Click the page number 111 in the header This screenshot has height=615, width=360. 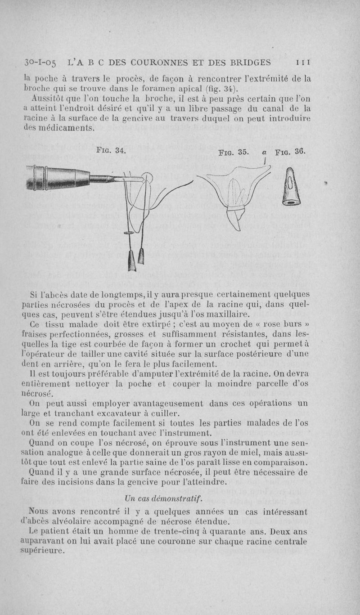coord(301,63)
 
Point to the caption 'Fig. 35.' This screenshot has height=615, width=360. coord(233,152)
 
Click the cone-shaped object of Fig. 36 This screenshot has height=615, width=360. coord(291,187)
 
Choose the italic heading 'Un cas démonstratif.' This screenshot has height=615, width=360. coord(163,498)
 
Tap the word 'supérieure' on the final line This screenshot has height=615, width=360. coord(42,551)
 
